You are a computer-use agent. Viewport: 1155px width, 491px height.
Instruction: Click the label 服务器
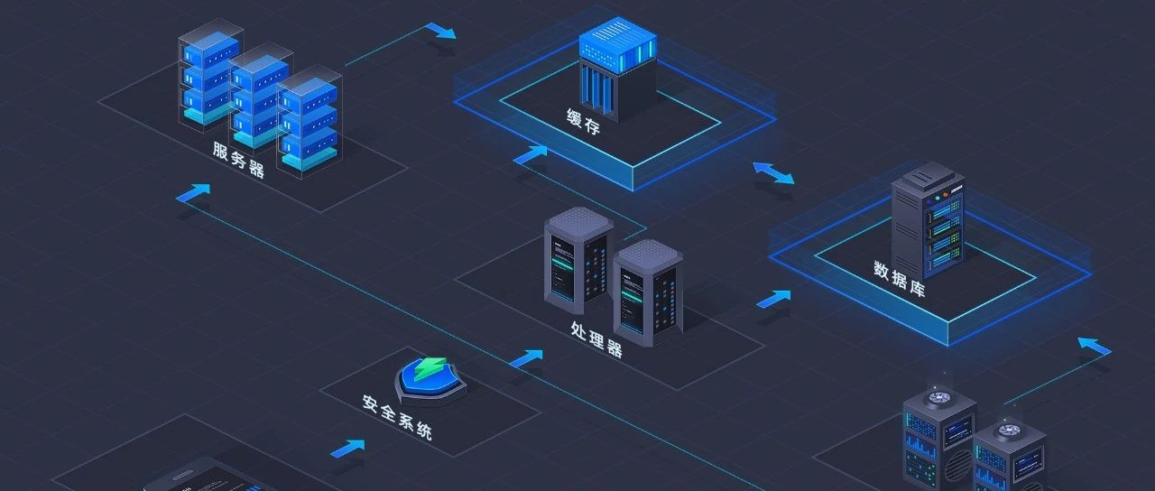click(239, 160)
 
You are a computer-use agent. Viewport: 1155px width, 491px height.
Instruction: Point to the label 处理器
click(596, 338)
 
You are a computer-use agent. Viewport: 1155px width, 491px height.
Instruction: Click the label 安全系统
click(398, 416)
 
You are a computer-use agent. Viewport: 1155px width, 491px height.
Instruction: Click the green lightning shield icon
click(431, 375)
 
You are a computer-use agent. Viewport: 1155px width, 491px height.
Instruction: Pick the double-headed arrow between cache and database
click(774, 172)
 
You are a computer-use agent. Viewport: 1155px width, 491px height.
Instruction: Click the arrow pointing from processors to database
click(774, 298)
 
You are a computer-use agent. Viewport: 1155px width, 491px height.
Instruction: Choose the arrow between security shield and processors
click(527, 357)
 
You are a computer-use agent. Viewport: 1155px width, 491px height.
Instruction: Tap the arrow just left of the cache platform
click(531, 154)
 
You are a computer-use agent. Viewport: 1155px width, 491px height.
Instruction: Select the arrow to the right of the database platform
click(1095, 346)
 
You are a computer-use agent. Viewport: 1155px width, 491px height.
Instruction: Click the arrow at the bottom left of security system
click(348, 447)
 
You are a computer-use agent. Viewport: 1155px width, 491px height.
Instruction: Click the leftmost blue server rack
click(210, 76)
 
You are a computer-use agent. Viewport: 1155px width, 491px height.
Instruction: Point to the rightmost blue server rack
click(308, 125)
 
